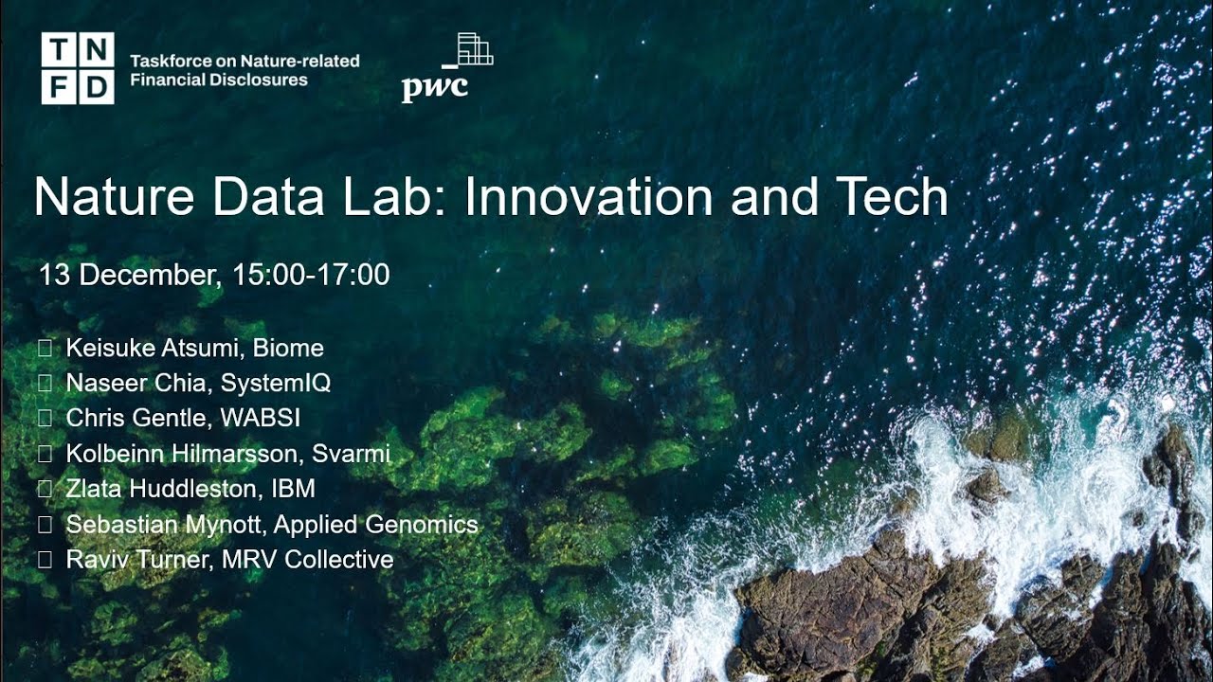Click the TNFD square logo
[78, 68]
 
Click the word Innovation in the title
[588, 197]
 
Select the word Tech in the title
[891, 197]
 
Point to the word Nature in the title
[116, 197]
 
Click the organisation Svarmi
[351, 454]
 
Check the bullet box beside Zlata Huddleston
[45, 489]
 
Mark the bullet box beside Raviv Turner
[45, 559]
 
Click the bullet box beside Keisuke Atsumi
[45, 349]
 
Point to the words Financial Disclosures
[219, 81]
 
